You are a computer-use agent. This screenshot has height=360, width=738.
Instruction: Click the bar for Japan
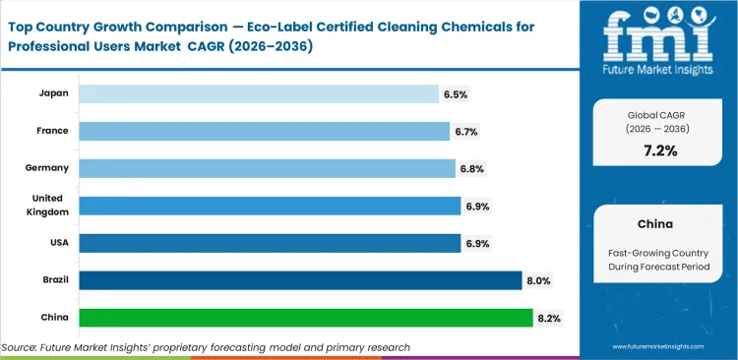tap(258, 93)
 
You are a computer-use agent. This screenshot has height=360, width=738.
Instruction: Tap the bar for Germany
tap(267, 168)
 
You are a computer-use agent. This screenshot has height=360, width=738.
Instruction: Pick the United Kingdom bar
tap(270, 206)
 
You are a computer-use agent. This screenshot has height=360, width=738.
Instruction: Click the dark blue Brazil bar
tap(300, 280)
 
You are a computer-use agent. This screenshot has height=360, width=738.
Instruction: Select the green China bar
tap(306, 318)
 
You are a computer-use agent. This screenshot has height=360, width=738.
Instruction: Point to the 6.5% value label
tap(456, 93)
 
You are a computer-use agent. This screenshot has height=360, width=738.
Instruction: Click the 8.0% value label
tap(538, 280)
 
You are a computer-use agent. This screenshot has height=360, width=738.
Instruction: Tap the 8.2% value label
tap(549, 318)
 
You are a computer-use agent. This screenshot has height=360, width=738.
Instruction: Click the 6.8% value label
tap(472, 168)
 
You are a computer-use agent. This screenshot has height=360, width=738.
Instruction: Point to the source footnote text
tap(207, 347)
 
